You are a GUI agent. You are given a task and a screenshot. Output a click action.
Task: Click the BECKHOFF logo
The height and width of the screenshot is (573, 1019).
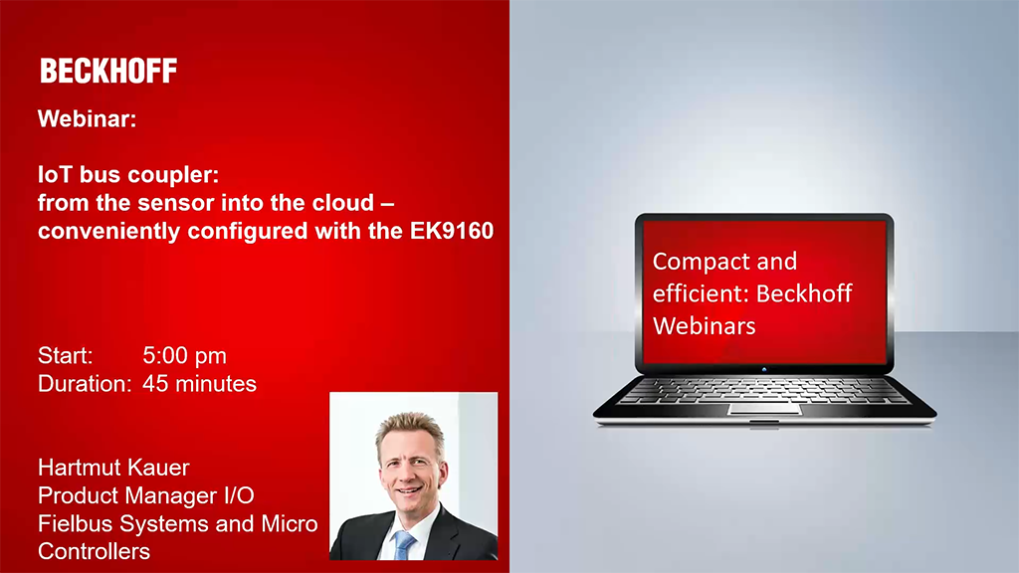[x=108, y=71]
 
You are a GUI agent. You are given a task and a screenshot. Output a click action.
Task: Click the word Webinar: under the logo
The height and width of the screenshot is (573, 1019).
[x=88, y=119]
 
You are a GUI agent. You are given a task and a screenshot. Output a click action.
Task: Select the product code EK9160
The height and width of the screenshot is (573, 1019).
[x=452, y=231]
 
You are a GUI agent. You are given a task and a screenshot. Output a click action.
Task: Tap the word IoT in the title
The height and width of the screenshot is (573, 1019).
[x=55, y=174]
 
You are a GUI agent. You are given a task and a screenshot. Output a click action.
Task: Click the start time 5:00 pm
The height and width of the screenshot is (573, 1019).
[x=184, y=355]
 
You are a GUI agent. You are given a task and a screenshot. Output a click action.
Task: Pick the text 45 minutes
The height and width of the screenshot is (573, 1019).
[x=199, y=384]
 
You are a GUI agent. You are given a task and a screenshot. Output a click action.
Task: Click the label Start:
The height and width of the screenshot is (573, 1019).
[x=65, y=355]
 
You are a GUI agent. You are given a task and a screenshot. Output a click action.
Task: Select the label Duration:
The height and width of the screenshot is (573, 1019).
[x=85, y=384]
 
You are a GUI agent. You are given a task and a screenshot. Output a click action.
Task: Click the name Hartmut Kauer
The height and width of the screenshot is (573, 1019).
[x=113, y=468]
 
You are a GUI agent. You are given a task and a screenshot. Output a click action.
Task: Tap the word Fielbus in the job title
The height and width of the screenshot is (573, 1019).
[x=76, y=523]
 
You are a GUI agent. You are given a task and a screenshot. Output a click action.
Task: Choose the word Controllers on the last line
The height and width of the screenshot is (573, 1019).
[x=94, y=551]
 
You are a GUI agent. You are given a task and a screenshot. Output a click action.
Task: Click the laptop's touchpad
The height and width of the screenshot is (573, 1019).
[x=764, y=409]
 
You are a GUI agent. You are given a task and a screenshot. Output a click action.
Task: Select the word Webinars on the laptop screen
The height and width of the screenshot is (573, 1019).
[x=705, y=325]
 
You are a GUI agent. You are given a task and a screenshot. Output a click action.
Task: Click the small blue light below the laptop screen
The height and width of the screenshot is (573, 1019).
[x=764, y=369]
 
